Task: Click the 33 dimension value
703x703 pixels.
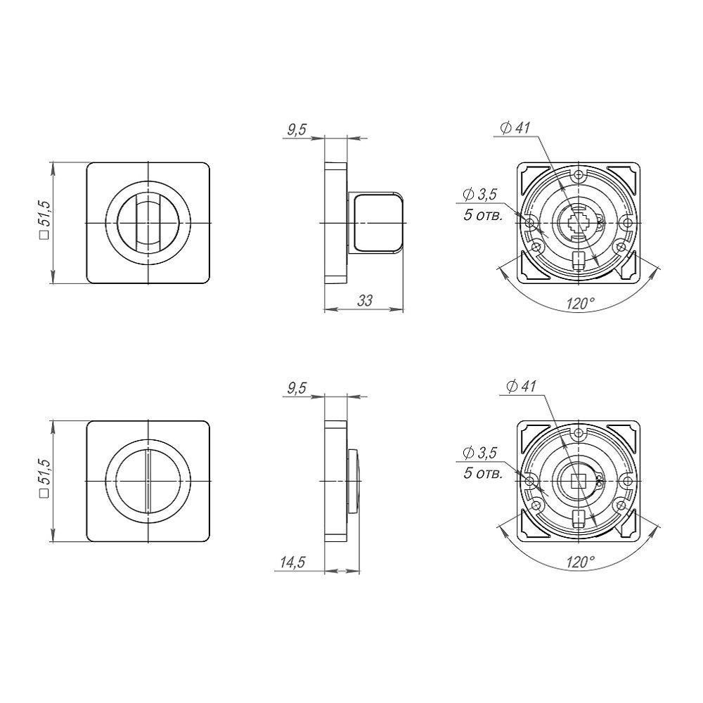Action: pyautogui.click(x=365, y=300)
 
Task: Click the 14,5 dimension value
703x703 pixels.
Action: pyautogui.click(x=292, y=562)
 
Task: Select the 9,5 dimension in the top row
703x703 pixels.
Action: pyautogui.click(x=297, y=129)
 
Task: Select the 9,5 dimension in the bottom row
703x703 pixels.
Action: pyautogui.click(x=297, y=388)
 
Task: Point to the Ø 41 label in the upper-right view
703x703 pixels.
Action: pyautogui.click(x=515, y=128)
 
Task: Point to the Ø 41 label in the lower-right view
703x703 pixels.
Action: pyautogui.click(x=520, y=387)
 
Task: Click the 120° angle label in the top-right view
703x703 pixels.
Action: pyautogui.click(x=580, y=304)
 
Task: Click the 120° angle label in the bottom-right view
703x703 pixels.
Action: pyautogui.click(x=580, y=562)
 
